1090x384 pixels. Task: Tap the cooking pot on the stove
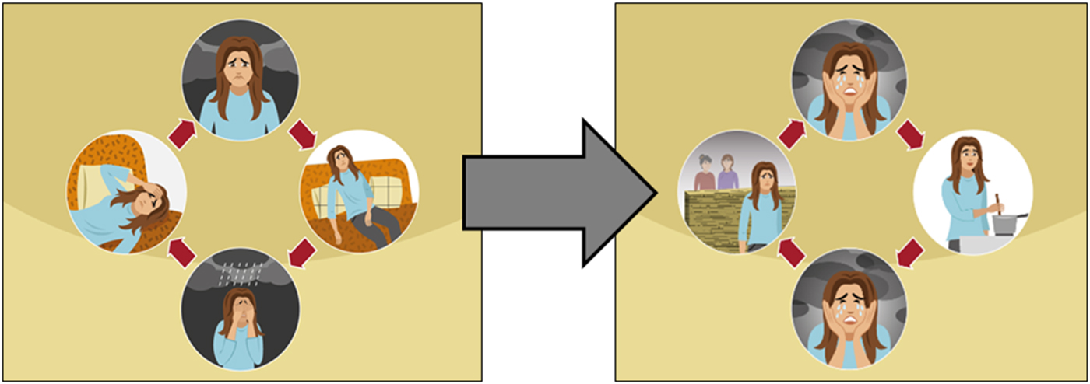tap(1007, 224)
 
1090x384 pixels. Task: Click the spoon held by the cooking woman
tap(997, 204)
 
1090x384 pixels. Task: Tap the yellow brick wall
tap(712, 222)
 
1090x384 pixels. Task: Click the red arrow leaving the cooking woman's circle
tap(910, 253)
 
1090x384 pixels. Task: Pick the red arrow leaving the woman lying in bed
tap(180, 134)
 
